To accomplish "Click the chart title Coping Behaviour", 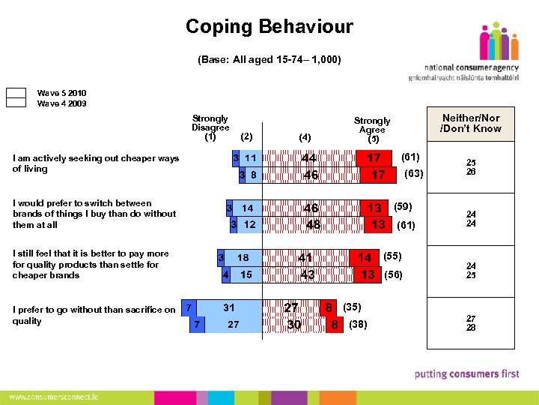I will (x=269, y=28).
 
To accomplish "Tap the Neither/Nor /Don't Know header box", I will (x=471, y=123).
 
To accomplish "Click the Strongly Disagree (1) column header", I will (x=210, y=127).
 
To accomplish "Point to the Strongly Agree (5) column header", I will (x=372, y=130).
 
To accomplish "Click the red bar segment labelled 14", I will (x=365, y=257).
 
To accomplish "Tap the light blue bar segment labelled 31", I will (x=228, y=307).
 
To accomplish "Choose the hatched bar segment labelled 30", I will (x=294, y=325).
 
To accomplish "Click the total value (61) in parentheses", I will (x=411, y=157).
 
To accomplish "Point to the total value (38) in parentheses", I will (x=359, y=325).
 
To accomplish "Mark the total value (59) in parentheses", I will (x=403, y=206).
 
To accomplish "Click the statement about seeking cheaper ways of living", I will (x=96, y=163).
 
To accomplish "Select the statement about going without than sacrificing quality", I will (x=94, y=315).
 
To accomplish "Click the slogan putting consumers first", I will (x=466, y=373).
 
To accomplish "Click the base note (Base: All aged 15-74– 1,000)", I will (x=269, y=59).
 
